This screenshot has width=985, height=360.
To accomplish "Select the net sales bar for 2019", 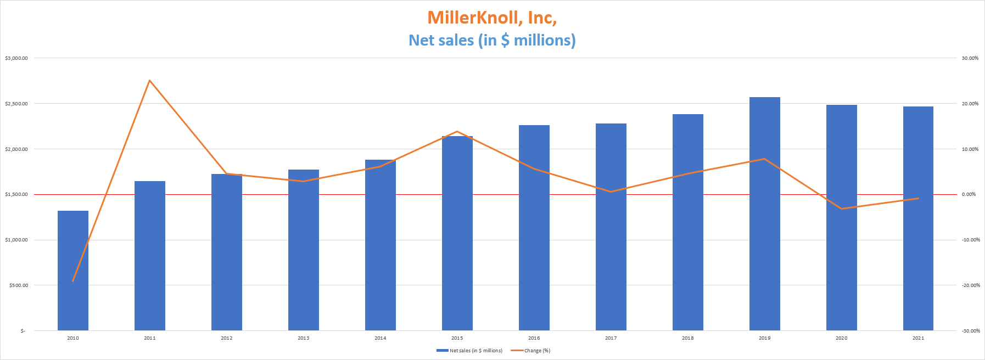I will click(764, 214).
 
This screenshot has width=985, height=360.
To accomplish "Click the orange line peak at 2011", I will click(150, 81).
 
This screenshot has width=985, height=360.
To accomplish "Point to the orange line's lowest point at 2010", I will click(73, 281).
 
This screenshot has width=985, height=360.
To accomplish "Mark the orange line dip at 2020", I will click(841, 209).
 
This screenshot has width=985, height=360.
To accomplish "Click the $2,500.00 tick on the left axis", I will click(16, 104).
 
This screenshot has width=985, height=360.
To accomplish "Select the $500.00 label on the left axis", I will click(18, 285).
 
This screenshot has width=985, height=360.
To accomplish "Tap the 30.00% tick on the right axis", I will click(970, 58).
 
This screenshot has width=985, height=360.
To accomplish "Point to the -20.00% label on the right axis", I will click(970, 285).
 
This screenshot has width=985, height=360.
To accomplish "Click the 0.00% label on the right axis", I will click(969, 194).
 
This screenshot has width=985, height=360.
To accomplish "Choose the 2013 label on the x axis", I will click(303, 338).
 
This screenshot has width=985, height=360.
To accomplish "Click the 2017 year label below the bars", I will click(611, 338).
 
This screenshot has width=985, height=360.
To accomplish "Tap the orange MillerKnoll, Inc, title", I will click(492, 18).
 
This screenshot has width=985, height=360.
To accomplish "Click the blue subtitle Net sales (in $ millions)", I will click(492, 40).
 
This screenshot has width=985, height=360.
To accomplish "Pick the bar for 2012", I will click(227, 252).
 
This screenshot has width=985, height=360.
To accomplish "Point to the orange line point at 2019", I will click(764, 159).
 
